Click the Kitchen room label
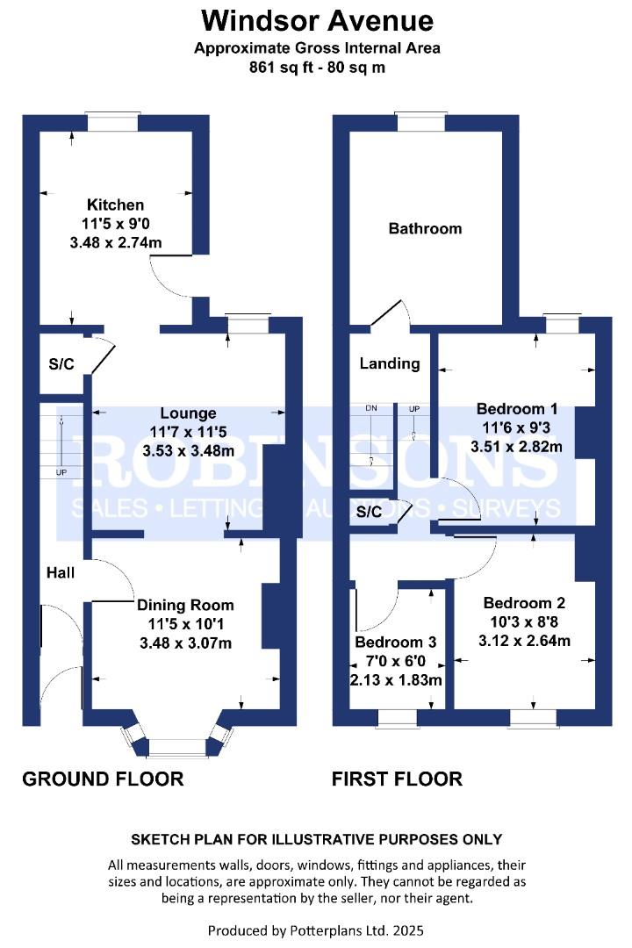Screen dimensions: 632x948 pyautogui.click(x=116, y=205)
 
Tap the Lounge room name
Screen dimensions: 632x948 pyautogui.click(x=188, y=413)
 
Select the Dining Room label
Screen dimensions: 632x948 pyautogui.click(x=185, y=605)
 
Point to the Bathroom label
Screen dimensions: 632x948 pyautogui.click(x=425, y=228)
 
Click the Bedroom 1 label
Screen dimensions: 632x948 pyautogui.click(x=517, y=409)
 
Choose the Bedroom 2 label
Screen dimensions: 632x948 pyautogui.click(x=524, y=603)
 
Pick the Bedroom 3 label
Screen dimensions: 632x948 pyautogui.click(x=396, y=642)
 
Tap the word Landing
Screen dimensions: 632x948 pyautogui.click(x=390, y=363)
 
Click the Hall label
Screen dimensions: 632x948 pyautogui.click(x=61, y=572)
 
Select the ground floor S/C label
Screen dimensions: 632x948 pyautogui.click(x=61, y=364)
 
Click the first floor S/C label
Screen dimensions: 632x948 pyautogui.click(x=369, y=512)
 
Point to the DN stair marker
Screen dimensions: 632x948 pyautogui.click(x=371, y=408)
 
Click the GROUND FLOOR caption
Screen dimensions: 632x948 pyautogui.click(x=103, y=779)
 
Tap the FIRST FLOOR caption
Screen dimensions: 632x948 pyautogui.click(x=398, y=779)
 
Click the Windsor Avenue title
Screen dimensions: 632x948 pyautogui.click(x=318, y=20)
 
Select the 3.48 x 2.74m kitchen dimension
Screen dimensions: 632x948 pyautogui.click(x=116, y=243)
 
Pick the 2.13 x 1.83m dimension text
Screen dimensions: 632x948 pyautogui.click(x=396, y=680)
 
